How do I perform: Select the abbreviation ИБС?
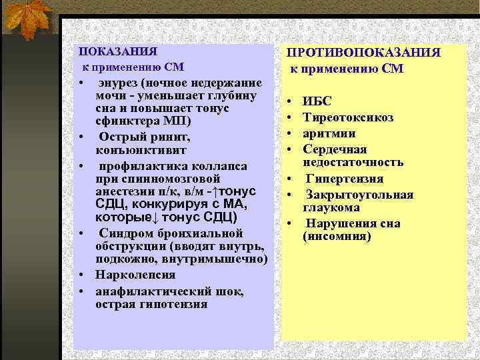click(317, 102)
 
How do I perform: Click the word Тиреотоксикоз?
click(348, 117)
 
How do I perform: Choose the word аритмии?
click(328, 133)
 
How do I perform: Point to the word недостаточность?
click(353, 162)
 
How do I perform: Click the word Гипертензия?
click(345, 179)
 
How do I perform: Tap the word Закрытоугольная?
click(359, 195)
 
